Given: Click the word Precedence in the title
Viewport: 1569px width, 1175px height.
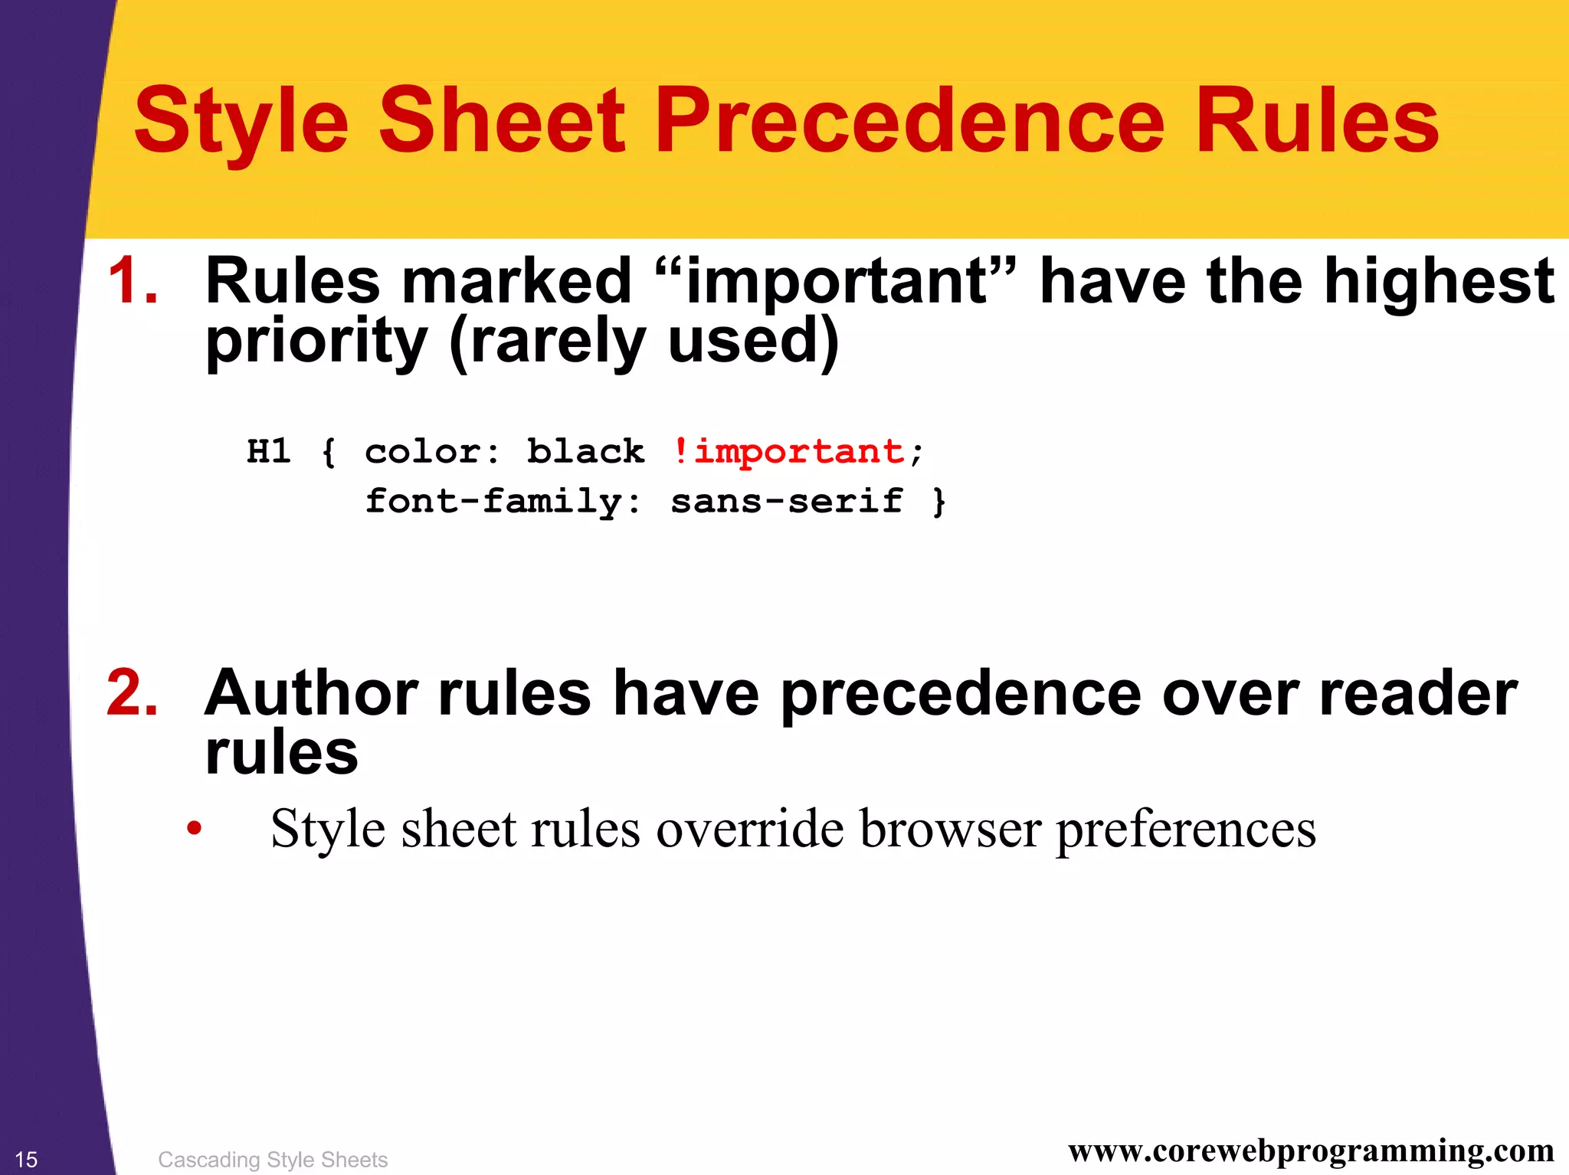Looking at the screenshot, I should coord(910,121).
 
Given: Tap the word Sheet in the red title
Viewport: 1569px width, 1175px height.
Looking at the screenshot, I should coord(502,121).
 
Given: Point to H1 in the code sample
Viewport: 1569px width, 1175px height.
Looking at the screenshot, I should coord(269,451).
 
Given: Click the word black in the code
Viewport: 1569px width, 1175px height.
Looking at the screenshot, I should coord(586,451).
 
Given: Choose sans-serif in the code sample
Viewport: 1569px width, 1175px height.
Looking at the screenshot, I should coord(787,502).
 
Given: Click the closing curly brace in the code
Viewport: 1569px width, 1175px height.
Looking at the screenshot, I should coord(939,502).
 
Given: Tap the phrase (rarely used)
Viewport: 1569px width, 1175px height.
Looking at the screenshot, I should coord(644,342).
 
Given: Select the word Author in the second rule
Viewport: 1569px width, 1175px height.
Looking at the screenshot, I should coord(311,693).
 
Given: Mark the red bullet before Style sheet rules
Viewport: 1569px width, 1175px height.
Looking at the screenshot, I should coord(195,829).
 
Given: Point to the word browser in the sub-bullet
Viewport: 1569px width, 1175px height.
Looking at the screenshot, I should coord(950,829).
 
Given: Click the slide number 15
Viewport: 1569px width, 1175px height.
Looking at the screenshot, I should coord(26,1160).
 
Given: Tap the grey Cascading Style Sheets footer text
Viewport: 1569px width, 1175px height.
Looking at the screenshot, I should coord(273,1160).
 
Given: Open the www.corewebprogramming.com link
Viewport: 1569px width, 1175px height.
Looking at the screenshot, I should coord(1311,1150).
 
